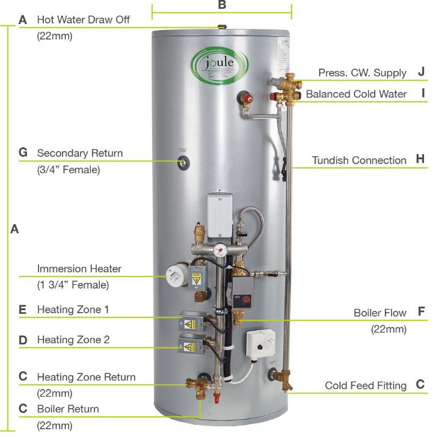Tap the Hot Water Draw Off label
[83, 20]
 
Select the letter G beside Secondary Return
[23, 153]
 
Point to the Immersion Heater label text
[79, 269]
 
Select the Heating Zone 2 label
[73, 340]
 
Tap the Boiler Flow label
[379, 313]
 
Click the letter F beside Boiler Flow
[421, 312]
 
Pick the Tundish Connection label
[359, 160]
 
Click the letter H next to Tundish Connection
[420, 159]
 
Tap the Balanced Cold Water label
[356, 94]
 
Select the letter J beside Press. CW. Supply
[421, 72]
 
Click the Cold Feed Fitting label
[366, 385]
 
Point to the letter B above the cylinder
[222, 5]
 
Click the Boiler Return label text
[67, 409]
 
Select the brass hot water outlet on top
[221, 26]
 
